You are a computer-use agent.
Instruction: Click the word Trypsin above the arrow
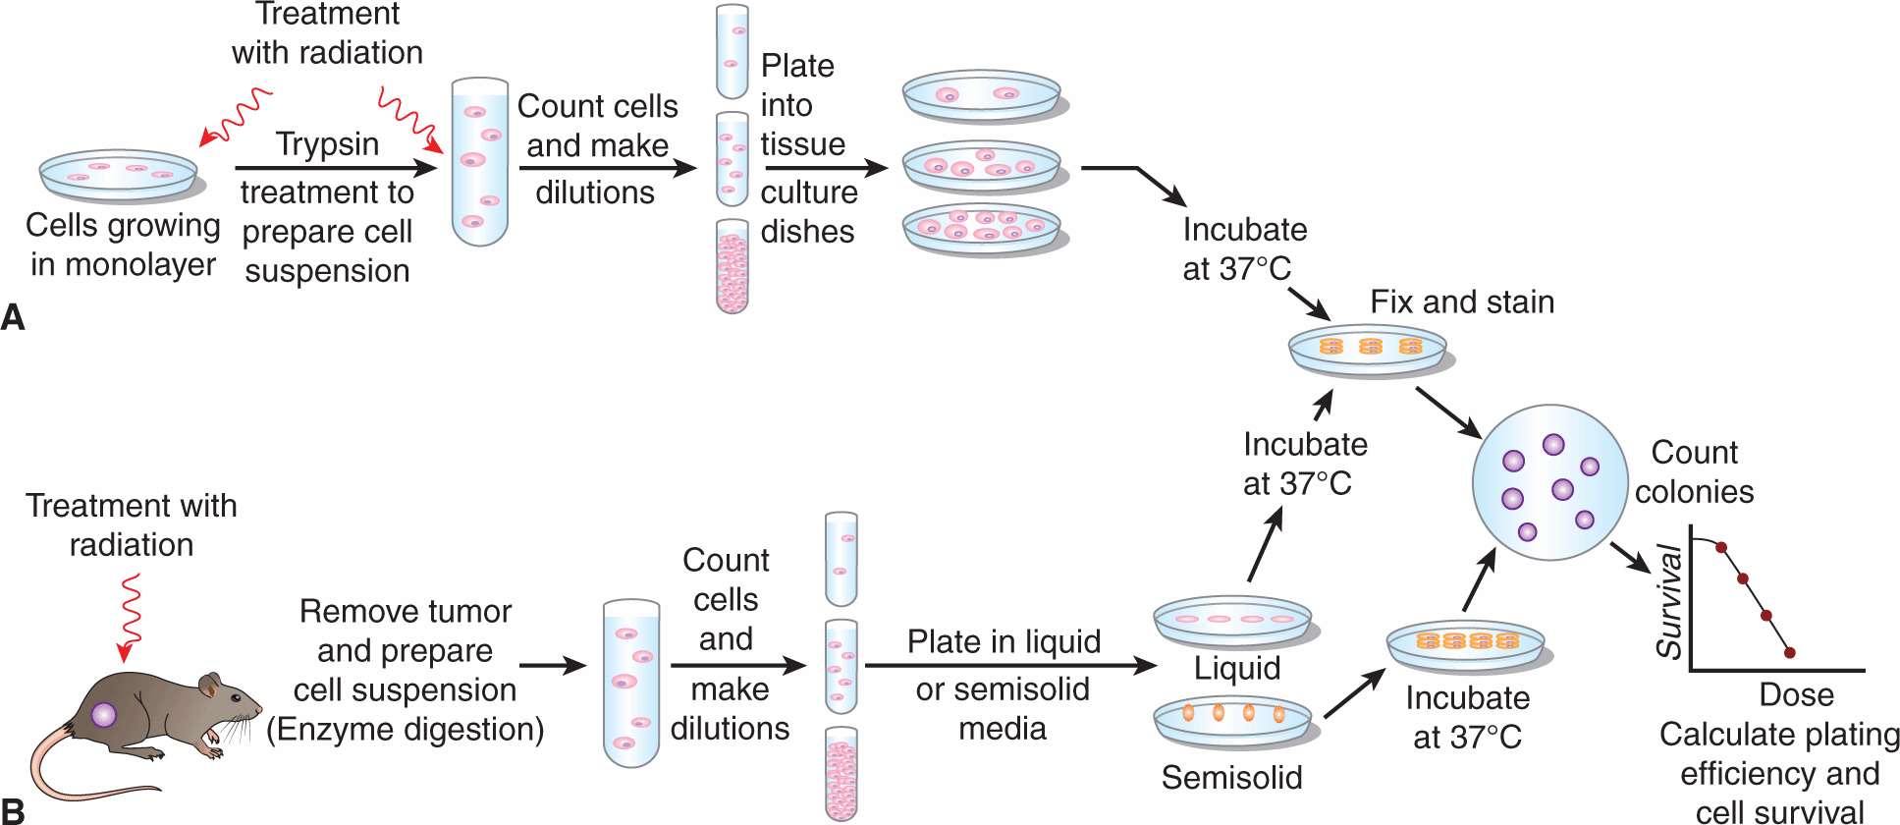pyautogui.click(x=327, y=143)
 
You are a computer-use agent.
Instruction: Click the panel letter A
pyautogui.click(x=13, y=317)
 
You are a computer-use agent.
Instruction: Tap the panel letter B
pyautogui.click(x=13, y=811)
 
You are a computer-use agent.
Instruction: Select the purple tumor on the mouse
pyautogui.click(x=104, y=714)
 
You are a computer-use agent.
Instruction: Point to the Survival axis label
pyautogui.click(x=1669, y=602)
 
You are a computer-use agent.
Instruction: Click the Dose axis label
pyautogui.click(x=1796, y=694)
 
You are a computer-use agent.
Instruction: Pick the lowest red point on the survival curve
pyautogui.click(x=1789, y=652)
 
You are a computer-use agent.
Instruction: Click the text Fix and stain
pyautogui.click(x=1461, y=302)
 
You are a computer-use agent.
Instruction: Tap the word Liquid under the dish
pyautogui.click(x=1236, y=668)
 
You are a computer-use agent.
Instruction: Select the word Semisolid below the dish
pyautogui.click(x=1231, y=777)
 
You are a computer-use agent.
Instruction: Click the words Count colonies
pyautogui.click(x=1694, y=471)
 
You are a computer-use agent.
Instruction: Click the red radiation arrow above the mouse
pyautogui.click(x=129, y=619)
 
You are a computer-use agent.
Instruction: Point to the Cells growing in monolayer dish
pyautogui.click(x=119, y=175)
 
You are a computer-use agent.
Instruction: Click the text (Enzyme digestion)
pyautogui.click(x=405, y=729)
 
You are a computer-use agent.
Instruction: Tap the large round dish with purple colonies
pyautogui.click(x=1549, y=482)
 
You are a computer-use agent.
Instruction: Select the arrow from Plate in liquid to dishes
pyautogui.click(x=1011, y=665)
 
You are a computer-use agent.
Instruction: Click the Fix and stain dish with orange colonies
pyautogui.click(x=1369, y=350)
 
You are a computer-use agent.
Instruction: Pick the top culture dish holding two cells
pyautogui.click(x=982, y=96)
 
